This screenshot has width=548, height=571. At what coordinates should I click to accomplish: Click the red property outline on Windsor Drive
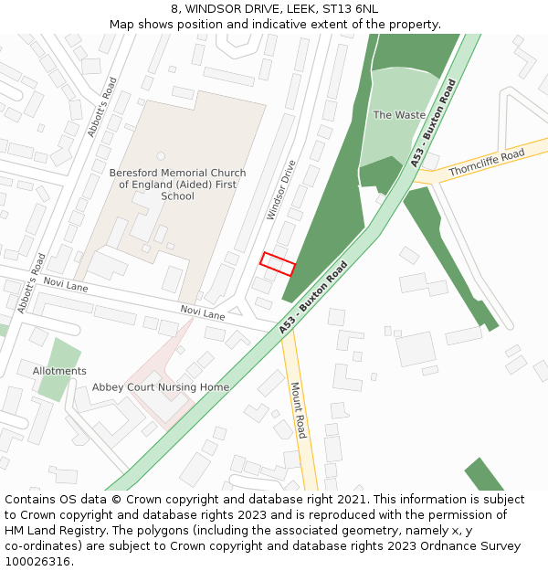(x=278, y=264)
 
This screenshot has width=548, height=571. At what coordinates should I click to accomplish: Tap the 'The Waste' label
(x=399, y=115)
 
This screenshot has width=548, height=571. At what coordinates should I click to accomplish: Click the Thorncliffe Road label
(x=486, y=164)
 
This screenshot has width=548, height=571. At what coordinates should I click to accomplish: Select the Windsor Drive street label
(x=281, y=190)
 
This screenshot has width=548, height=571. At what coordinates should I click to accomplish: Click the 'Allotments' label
(x=59, y=371)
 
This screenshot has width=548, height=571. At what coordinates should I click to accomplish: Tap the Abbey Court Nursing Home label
(x=161, y=387)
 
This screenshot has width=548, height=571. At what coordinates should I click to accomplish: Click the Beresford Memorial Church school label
(x=177, y=184)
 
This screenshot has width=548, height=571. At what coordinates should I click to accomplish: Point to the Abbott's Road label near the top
(x=101, y=107)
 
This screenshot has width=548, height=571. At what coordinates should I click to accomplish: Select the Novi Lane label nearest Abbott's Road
(x=65, y=286)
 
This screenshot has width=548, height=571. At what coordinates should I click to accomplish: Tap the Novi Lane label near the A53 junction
(x=202, y=312)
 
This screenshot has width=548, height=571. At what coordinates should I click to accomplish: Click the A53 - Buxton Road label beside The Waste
(x=433, y=122)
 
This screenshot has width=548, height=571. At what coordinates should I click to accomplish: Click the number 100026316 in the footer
(x=37, y=562)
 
